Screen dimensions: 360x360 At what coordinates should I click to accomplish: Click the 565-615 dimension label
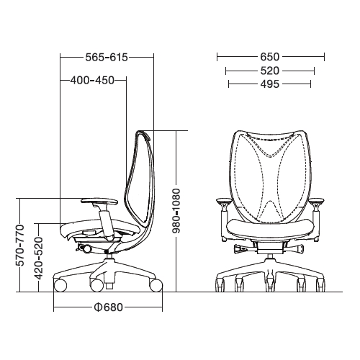click(x=107, y=56)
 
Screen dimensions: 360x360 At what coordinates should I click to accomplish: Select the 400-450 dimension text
click(x=93, y=80)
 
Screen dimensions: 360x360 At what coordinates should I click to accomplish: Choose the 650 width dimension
click(x=270, y=56)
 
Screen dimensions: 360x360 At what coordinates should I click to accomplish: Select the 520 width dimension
click(x=270, y=71)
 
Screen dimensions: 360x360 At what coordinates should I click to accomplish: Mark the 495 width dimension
click(x=270, y=85)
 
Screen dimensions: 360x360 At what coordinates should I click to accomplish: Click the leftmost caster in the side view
click(x=60, y=285)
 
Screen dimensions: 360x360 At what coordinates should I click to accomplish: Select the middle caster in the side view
click(x=96, y=285)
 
